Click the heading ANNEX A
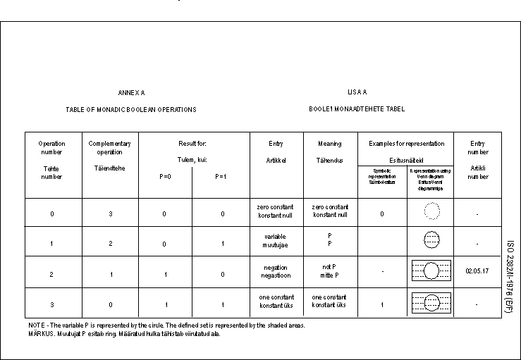pos(131,93)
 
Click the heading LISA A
pos(357,92)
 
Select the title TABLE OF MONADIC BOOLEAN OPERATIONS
pos(131,110)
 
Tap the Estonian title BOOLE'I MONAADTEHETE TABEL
pos(357,110)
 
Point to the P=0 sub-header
pos(165,176)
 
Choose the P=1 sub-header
pos(221,176)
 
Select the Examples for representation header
pos(407,144)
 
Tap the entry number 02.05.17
pos(477,271)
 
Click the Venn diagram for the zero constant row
pos(431,211)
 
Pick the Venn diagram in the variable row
pos(431,240)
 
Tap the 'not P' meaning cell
pos(330,271)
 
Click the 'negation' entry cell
pos(276,271)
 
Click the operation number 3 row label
pos(51,304)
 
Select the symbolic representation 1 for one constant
pos(382,304)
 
